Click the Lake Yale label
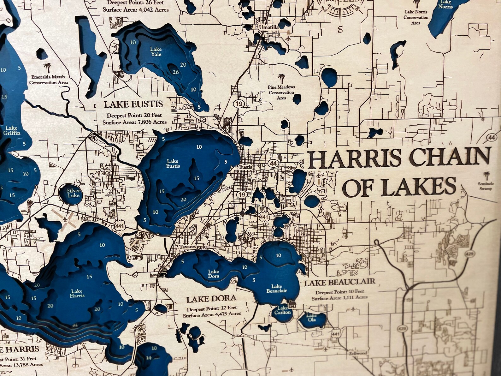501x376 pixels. click(x=156, y=51)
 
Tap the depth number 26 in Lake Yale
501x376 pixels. click(x=175, y=72)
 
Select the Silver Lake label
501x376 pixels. click(x=74, y=193)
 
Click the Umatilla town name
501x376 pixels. click(x=268, y=27)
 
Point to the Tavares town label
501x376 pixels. click(x=188, y=247)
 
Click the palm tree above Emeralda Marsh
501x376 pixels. click(x=47, y=67)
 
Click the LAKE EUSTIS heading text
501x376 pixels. click(x=133, y=104)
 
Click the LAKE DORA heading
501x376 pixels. click(x=211, y=299)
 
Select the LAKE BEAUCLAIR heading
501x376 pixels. click(x=339, y=282)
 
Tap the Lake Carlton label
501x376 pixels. click(x=282, y=310)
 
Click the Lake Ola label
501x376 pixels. click(x=311, y=318)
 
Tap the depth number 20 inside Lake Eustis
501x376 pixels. click(x=183, y=200)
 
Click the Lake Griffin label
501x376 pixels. click(x=12, y=130)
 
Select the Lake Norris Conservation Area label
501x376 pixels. click(x=416, y=17)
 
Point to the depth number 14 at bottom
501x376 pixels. click(x=149, y=358)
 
